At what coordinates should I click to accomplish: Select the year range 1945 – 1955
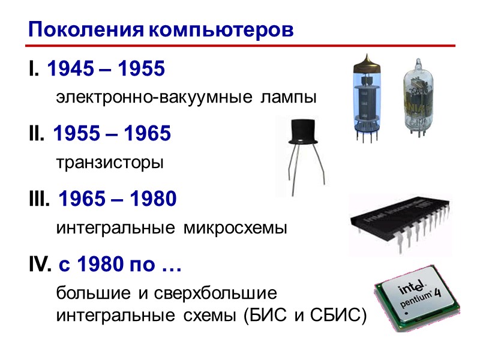click(x=105, y=70)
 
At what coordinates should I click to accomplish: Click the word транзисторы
click(x=110, y=163)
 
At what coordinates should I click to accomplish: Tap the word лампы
click(x=287, y=97)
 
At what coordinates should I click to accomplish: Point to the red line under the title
click(x=240, y=45)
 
